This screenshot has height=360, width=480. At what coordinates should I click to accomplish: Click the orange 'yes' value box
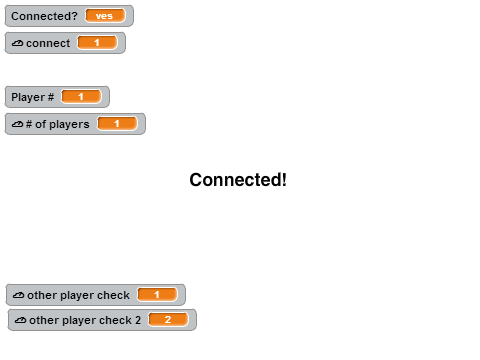(x=105, y=16)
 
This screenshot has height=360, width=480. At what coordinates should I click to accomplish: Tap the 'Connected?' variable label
(x=44, y=16)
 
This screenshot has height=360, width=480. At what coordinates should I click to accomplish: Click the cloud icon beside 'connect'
(x=17, y=43)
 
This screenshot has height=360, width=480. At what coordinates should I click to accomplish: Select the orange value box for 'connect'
(x=97, y=43)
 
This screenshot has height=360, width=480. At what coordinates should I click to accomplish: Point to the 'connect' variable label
(x=48, y=43)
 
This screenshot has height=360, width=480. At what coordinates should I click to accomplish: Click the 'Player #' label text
(x=32, y=97)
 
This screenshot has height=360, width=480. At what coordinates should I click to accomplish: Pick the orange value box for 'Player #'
(x=81, y=97)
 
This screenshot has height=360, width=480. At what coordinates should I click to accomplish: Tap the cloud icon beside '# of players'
(x=17, y=124)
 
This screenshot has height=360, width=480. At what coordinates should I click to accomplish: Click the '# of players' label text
(x=58, y=124)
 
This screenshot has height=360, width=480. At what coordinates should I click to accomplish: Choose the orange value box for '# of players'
(x=117, y=124)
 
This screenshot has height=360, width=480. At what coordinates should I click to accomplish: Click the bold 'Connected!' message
(x=238, y=180)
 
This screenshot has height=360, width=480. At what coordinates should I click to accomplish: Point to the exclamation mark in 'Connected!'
(x=284, y=180)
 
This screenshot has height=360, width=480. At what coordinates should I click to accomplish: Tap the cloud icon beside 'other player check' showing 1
(x=18, y=295)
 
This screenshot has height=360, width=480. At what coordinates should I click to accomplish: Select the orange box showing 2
(x=168, y=320)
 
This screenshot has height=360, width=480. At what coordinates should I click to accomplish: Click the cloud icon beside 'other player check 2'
(x=20, y=320)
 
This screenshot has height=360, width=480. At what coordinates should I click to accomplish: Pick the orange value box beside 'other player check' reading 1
(x=157, y=295)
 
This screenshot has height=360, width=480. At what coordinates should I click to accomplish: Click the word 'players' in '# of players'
(x=69, y=125)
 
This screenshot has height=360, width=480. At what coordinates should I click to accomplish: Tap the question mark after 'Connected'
(x=74, y=16)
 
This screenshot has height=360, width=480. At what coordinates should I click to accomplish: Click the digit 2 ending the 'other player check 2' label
(x=138, y=320)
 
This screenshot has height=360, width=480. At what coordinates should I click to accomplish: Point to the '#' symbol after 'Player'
(x=51, y=97)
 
